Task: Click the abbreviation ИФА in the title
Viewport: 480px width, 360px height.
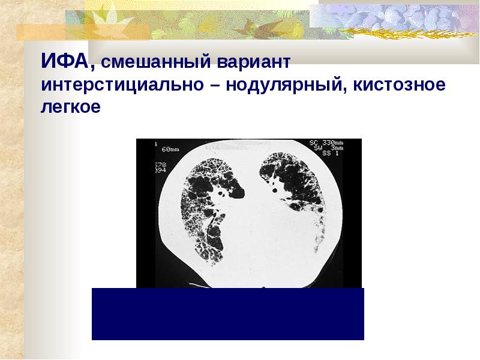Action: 65,61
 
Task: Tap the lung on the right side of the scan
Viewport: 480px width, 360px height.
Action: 294,186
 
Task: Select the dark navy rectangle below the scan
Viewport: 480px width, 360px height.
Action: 228,313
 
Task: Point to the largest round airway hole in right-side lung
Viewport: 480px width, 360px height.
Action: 274,190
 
